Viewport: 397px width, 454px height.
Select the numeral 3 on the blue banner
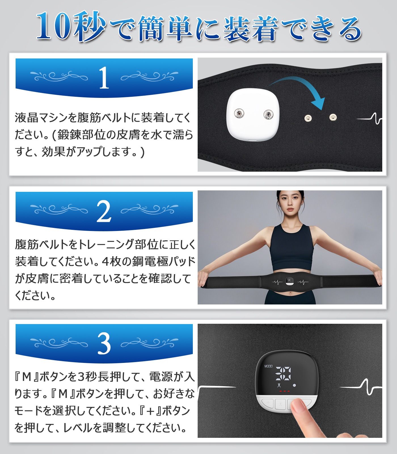click(104, 344)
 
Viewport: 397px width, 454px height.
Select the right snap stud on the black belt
click(333, 117)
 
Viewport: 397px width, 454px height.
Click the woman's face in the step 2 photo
click(290, 206)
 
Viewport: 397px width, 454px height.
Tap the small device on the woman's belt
click(290, 281)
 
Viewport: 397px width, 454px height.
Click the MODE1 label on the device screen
click(268, 366)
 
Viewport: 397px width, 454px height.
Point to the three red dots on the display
click(284, 391)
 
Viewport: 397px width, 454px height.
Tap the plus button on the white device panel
click(268, 403)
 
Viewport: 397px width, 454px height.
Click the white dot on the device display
click(294, 385)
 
